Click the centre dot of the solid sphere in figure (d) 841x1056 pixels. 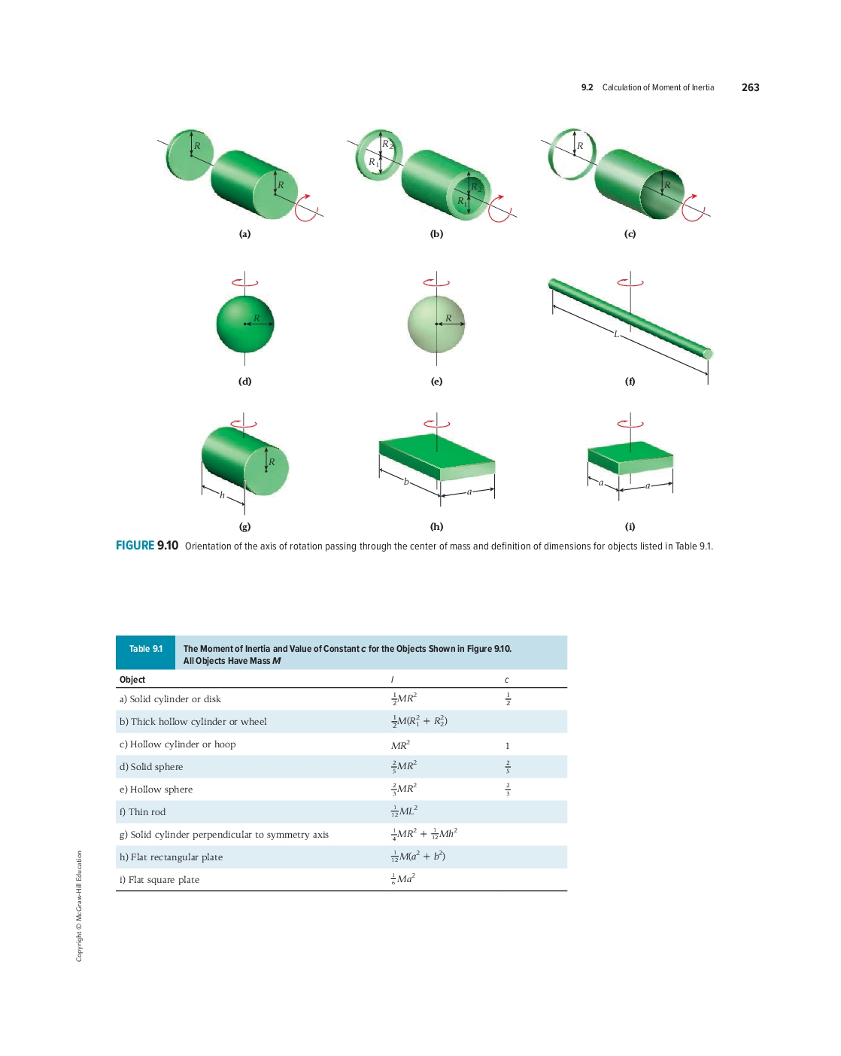tap(244, 324)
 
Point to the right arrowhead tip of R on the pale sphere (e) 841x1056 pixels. tap(465, 324)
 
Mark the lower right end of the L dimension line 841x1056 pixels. tap(708, 374)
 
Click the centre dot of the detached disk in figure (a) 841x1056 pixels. tap(191, 156)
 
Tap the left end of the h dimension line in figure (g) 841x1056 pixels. tap(202, 487)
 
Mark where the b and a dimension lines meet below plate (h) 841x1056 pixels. tap(440, 495)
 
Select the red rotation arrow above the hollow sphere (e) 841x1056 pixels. tap(436, 282)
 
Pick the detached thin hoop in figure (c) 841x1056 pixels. tap(572, 154)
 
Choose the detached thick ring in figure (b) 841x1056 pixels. tap(379, 155)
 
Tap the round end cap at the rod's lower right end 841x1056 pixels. tap(708, 353)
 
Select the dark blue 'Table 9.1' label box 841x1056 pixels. tap(145, 652)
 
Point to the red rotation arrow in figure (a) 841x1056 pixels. tap(306, 208)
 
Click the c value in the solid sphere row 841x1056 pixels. tap(508, 766)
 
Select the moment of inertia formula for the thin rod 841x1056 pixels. tap(404, 811)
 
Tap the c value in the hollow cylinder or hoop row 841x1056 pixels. tap(508, 746)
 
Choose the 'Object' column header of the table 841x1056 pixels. tap(132, 680)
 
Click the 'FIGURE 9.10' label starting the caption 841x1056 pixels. tap(147, 545)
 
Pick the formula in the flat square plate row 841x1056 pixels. tap(403, 879)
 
